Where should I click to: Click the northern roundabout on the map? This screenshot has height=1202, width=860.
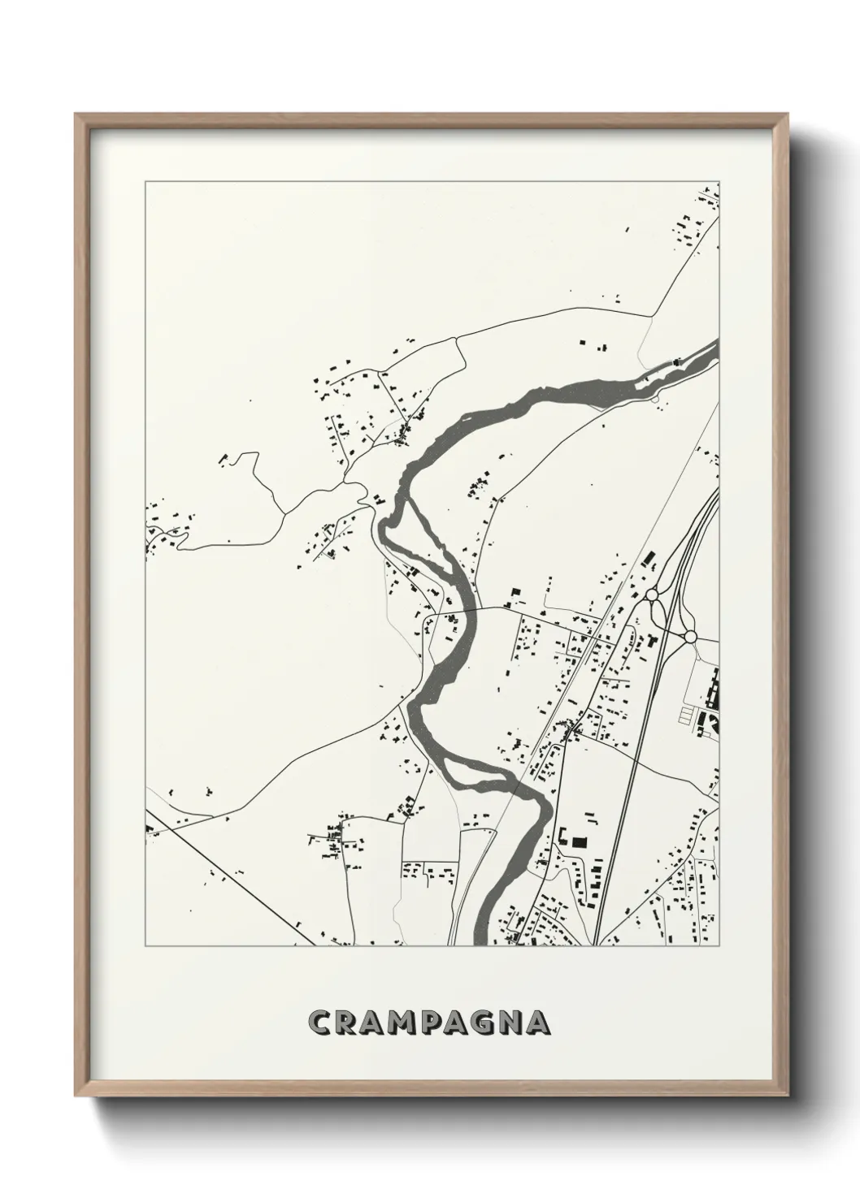tap(652, 595)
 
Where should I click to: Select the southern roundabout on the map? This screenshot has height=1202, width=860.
tap(690, 635)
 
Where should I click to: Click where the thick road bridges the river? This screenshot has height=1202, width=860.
tap(469, 609)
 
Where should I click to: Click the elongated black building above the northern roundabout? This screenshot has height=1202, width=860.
tap(649, 560)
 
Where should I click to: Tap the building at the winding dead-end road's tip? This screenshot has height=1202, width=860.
tap(222, 460)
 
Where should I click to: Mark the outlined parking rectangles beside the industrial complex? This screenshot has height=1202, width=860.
tap(690, 716)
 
